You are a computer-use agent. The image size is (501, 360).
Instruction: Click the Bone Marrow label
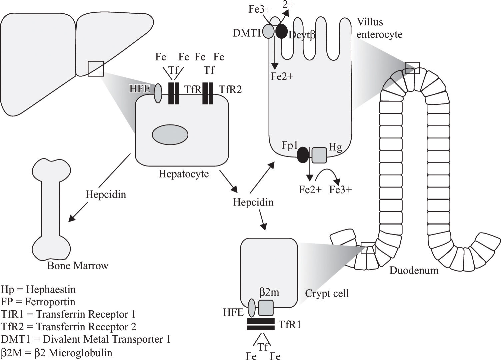click(x=78, y=266)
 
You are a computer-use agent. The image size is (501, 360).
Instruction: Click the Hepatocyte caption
click(x=184, y=174)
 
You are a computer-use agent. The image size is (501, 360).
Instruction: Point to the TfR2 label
click(x=230, y=89)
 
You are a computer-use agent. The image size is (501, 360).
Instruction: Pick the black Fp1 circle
click(x=303, y=155)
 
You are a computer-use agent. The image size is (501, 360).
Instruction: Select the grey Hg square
click(x=319, y=155)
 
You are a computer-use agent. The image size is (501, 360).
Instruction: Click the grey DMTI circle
click(x=268, y=31)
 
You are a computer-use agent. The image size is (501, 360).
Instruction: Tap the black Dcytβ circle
click(x=281, y=31)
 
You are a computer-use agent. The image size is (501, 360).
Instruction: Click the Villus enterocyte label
click(x=379, y=28)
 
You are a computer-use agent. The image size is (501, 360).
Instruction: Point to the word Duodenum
click(x=414, y=270)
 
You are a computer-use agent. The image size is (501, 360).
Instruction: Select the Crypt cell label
click(x=327, y=293)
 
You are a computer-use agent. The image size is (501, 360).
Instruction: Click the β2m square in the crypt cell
click(x=266, y=308)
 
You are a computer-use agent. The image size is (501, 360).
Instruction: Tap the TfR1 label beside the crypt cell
click(x=290, y=325)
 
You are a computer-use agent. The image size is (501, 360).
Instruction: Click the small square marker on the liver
click(x=96, y=68)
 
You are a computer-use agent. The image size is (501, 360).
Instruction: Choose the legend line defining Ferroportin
click(x=38, y=302)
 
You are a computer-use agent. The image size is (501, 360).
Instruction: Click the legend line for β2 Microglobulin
click(x=57, y=353)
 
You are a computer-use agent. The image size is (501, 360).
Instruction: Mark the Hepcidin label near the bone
click(x=106, y=194)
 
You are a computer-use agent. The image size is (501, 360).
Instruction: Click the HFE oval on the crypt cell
click(x=252, y=307)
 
